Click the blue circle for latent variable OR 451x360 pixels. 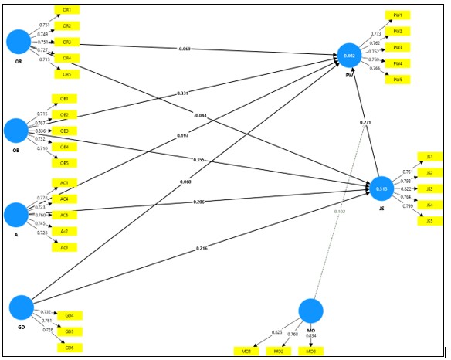[x=17, y=41]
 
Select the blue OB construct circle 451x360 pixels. [x=17, y=129]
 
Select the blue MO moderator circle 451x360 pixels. [x=310, y=311]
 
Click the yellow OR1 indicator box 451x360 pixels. [x=67, y=10]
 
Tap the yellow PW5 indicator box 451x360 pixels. [x=397, y=80]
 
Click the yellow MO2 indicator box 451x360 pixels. [x=279, y=352]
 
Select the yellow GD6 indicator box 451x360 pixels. [x=70, y=348]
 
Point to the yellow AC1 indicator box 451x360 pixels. [x=64, y=183]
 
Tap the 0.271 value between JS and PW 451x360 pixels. [x=365, y=122]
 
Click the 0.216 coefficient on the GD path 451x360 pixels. [x=202, y=249]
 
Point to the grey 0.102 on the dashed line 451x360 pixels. [x=339, y=211]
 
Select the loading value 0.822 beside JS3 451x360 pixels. [x=405, y=188]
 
